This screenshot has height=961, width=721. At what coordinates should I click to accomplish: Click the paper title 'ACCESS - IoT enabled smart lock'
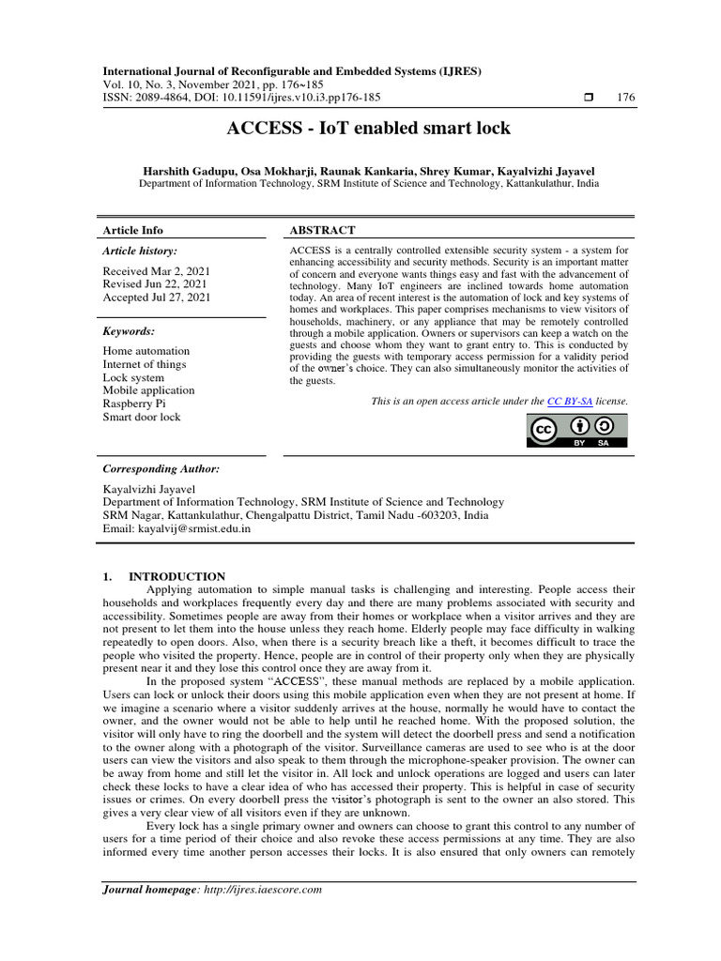pos(368,129)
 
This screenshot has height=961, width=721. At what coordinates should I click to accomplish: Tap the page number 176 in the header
pos(623,98)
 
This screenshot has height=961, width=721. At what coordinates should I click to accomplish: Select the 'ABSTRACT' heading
pos(322,230)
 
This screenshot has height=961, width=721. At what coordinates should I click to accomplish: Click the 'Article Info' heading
pos(132,230)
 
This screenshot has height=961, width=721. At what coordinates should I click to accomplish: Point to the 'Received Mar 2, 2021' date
pos(157,271)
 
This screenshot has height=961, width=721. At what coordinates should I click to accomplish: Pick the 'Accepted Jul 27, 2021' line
pos(157,297)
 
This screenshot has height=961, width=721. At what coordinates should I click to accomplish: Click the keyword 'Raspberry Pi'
pos(134,404)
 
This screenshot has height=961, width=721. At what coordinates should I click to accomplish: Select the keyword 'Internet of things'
pos(145,364)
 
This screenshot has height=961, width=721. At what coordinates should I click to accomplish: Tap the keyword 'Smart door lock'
pos(142,417)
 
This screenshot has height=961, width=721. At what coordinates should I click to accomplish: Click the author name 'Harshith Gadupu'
pos(187,171)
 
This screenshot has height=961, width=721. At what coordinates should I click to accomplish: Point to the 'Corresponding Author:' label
pos(161,468)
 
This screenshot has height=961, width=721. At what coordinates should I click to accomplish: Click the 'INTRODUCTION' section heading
pos(176,576)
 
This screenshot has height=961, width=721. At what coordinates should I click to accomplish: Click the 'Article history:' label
pos(140,252)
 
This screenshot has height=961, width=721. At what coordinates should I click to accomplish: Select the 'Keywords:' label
pos(129,331)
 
